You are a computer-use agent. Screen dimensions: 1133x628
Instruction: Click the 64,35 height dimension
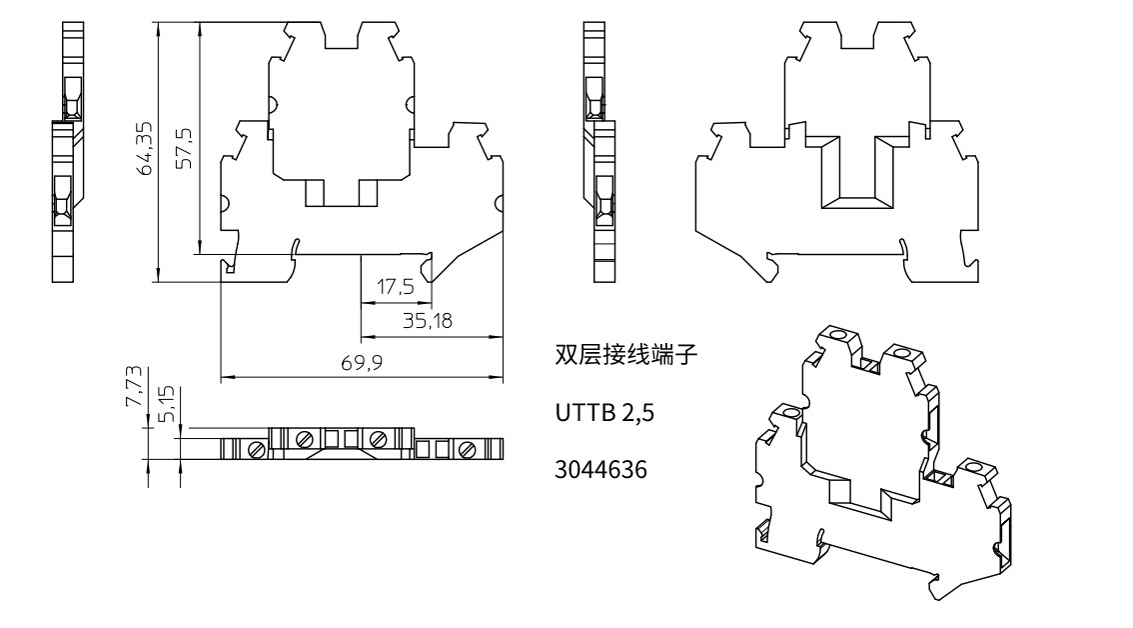click(145, 148)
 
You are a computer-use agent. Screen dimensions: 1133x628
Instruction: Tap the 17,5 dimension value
click(396, 287)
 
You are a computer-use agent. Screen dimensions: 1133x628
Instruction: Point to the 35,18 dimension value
click(427, 321)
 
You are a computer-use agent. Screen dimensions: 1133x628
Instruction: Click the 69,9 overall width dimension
click(362, 362)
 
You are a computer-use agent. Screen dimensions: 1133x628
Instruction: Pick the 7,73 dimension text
click(135, 386)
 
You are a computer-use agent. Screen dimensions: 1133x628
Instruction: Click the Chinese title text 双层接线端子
click(625, 355)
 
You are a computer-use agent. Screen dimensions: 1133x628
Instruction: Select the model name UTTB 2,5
click(604, 412)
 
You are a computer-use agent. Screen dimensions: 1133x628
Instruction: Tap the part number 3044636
click(601, 470)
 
